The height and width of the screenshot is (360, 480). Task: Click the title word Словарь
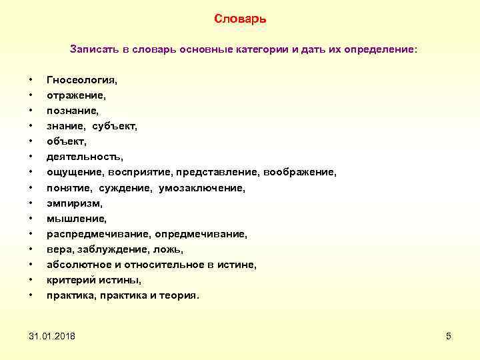click(240, 19)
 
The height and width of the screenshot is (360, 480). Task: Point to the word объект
click(66, 141)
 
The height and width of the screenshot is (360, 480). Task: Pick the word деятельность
click(84, 157)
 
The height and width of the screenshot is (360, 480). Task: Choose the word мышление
click(75, 219)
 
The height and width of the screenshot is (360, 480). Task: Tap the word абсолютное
click(79, 265)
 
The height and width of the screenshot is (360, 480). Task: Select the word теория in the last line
click(178, 295)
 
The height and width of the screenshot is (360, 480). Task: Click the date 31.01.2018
click(52, 335)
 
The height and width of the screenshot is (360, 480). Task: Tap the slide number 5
click(449, 335)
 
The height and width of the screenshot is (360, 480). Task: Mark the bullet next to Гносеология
click(31, 80)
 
